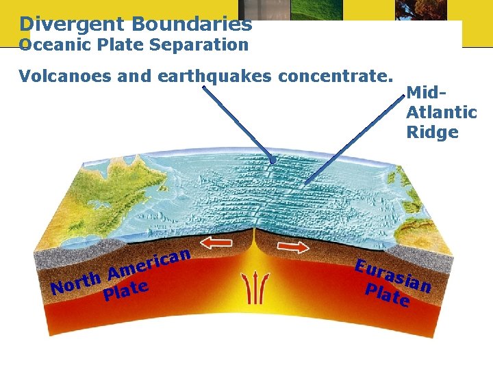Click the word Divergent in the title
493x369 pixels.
pyautogui.click(x=73, y=25)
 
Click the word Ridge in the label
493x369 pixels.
pyautogui.click(x=432, y=132)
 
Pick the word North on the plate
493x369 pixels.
pyautogui.click(x=77, y=283)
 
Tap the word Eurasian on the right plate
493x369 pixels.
pyautogui.click(x=393, y=275)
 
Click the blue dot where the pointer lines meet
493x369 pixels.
pyautogui.click(x=273, y=162)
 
